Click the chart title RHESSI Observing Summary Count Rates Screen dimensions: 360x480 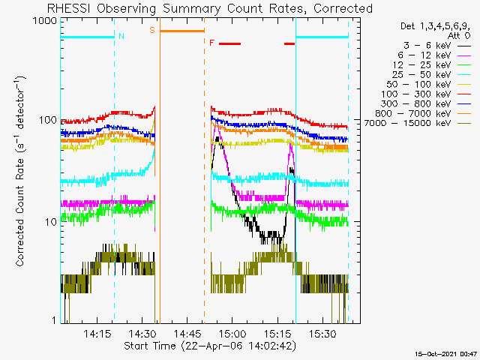(210, 8)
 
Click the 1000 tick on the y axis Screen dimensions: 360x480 (43, 21)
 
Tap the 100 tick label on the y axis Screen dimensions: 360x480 (46, 120)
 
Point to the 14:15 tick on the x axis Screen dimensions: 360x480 (97, 333)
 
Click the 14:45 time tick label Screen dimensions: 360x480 (187, 333)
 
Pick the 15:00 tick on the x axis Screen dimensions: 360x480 (232, 333)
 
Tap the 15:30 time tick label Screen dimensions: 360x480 (322, 333)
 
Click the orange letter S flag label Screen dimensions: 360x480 (152, 31)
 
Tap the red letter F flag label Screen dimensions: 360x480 (211, 43)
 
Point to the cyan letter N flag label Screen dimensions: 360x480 (121, 35)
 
